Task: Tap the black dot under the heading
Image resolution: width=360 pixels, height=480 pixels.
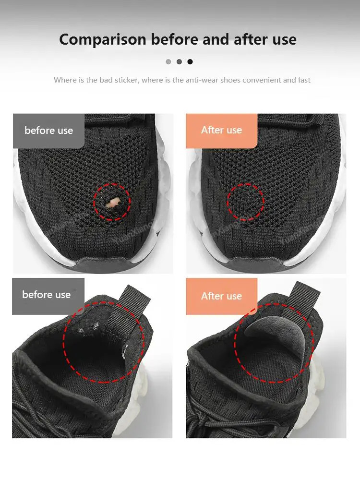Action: click(190, 61)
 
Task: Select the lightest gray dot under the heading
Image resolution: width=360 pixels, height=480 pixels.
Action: click(168, 61)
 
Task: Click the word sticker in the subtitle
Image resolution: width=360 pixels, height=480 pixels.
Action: click(127, 80)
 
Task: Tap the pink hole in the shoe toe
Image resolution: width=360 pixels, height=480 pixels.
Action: click(112, 203)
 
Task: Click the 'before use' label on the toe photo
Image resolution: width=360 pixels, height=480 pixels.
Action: click(48, 131)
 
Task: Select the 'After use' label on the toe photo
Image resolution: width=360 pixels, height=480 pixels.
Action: click(221, 130)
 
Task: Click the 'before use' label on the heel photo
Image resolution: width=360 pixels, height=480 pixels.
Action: click(47, 295)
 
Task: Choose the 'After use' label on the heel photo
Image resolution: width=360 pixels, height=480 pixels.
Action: click(221, 296)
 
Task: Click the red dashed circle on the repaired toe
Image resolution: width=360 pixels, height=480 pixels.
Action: click(245, 202)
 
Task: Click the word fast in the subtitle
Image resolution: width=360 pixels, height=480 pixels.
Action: click(304, 80)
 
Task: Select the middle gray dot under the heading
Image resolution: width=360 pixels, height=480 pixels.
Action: click(179, 61)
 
